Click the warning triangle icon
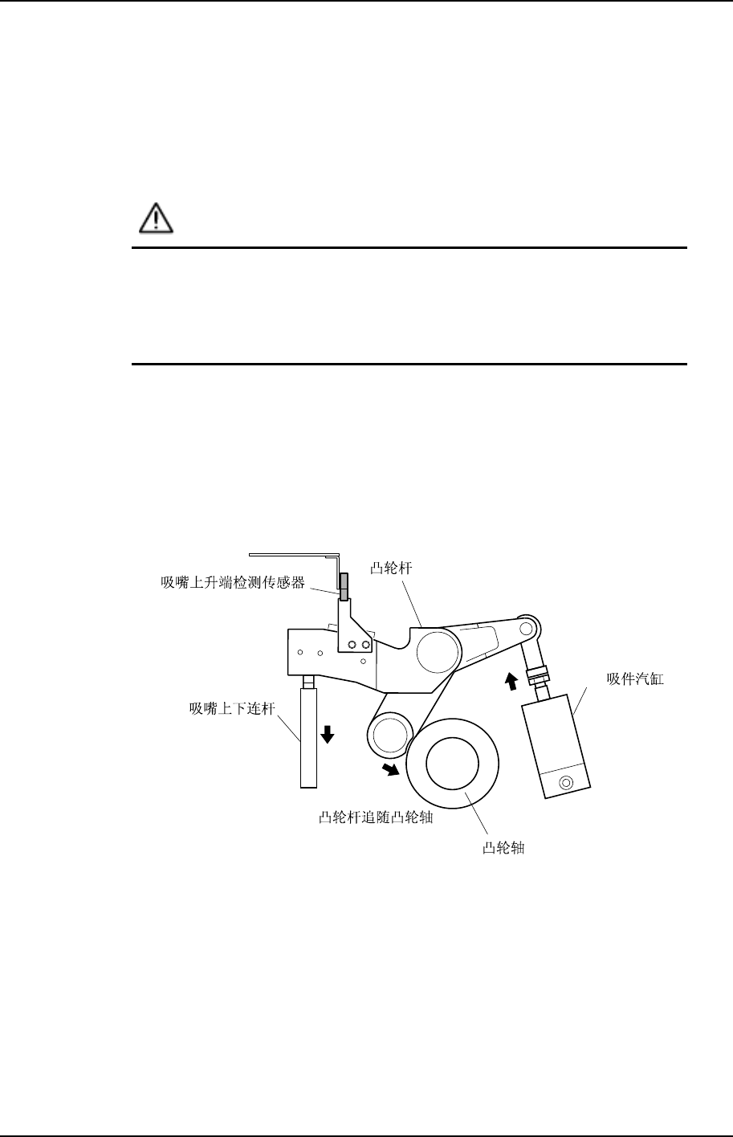[153, 218]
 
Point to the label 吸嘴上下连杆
[230, 708]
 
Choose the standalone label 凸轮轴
[503, 848]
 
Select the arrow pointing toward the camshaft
[391, 769]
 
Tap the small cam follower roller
[389, 734]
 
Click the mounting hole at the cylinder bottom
[567, 782]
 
